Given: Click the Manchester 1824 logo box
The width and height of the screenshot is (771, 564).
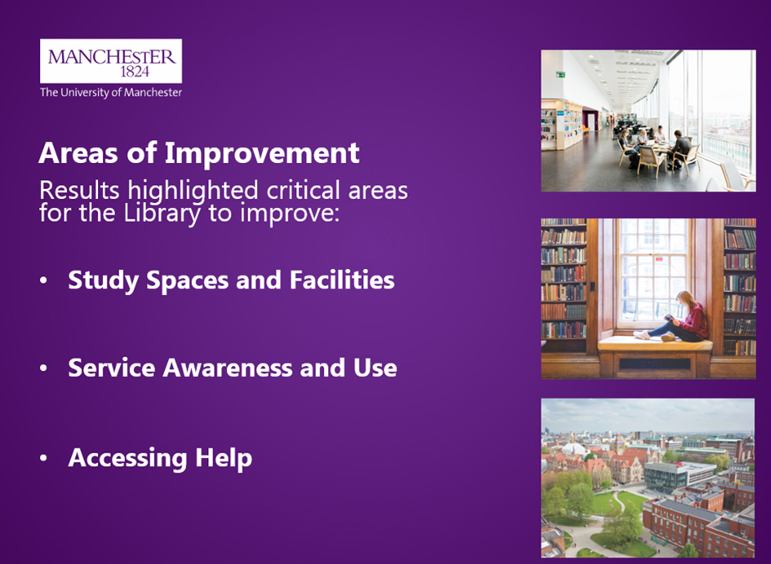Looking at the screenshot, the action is tap(111, 61).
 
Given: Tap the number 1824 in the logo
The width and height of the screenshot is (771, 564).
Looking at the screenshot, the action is tap(135, 72).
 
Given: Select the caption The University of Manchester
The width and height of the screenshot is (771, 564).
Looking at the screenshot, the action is tap(111, 92).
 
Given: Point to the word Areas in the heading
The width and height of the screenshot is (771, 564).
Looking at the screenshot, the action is tap(78, 153).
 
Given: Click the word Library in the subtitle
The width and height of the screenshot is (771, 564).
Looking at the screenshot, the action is tap(162, 214).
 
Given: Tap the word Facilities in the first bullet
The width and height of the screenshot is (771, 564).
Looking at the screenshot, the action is tap(342, 280).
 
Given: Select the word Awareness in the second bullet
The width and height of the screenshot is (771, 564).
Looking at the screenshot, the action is tap(228, 368).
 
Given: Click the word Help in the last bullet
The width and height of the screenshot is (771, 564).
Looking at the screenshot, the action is tap(224, 458).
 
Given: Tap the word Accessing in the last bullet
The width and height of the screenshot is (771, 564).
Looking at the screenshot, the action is tap(128, 458).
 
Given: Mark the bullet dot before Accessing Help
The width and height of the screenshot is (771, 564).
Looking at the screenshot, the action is tap(44, 458).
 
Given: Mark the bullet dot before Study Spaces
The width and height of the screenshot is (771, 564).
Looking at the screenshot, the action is tap(44, 280).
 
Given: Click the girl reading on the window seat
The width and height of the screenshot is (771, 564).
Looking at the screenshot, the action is tap(676, 319).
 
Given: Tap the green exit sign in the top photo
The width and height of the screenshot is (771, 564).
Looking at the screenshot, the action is tap(561, 75).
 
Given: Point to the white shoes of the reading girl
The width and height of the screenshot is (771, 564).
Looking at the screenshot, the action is tap(642, 335).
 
